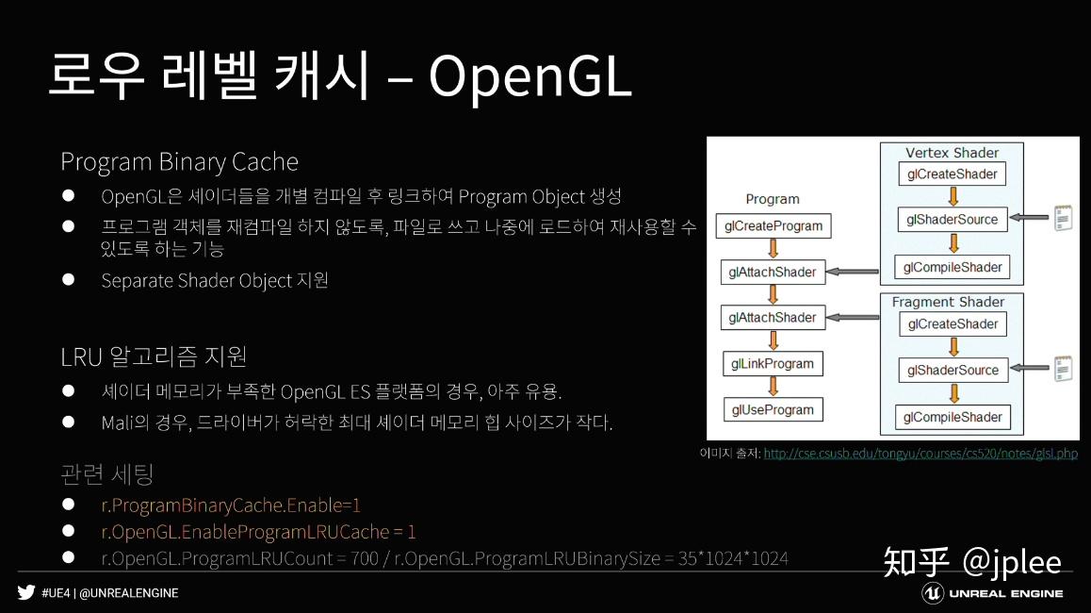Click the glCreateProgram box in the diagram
point(773,226)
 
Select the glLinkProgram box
point(773,364)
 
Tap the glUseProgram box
point(773,410)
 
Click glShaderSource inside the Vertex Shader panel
point(952,220)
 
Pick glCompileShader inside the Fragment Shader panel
point(953,417)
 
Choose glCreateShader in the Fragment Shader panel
point(952,324)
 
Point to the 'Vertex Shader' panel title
point(952,153)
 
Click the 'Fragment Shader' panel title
point(948,302)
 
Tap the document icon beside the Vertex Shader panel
point(1064,219)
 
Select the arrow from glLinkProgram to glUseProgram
point(773,387)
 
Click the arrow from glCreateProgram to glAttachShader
point(773,248)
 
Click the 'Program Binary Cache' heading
point(179,162)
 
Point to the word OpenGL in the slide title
point(529,77)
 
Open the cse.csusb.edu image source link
point(920,454)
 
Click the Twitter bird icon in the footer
point(25,592)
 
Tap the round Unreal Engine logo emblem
point(933,592)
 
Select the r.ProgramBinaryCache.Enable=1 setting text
point(231,505)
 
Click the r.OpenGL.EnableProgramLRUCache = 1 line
point(258,532)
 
